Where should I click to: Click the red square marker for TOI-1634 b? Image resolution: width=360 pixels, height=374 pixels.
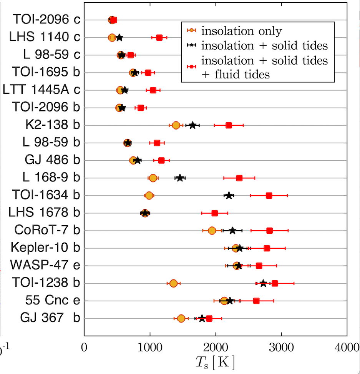point(269,196)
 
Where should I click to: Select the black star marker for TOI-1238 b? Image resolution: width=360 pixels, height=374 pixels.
point(263,283)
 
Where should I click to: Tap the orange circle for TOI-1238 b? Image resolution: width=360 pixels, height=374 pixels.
point(173,283)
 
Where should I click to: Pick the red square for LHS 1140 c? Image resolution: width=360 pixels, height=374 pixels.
point(159,38)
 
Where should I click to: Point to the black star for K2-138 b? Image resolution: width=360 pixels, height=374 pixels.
point(192,125)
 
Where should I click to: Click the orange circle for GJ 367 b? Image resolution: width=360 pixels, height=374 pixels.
point(181,318)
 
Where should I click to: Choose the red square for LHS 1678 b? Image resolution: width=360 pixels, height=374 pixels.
point(215,213)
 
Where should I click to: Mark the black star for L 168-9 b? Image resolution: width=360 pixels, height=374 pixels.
point(179,178)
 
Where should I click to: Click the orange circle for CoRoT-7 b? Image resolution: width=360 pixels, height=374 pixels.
point(212,231)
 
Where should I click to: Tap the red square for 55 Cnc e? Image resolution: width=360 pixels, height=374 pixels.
point(256,301)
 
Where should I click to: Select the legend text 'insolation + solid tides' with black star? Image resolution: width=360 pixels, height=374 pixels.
point(265,46)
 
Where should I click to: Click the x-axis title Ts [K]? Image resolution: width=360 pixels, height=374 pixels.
point(216,362)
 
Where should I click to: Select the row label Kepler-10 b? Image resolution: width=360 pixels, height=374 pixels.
point(45,248)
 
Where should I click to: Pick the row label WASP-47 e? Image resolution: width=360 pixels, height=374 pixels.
point(45,266)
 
